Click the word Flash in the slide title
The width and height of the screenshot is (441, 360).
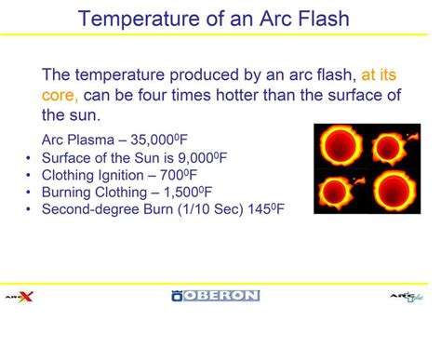click(321, 18)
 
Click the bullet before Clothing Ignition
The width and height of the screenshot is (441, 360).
click(29, 175)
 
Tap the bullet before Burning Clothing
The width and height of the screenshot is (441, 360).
click(29, 193)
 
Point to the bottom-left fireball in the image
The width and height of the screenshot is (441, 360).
click(339, 191)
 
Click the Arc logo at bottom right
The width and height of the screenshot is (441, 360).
click(406, 296)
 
